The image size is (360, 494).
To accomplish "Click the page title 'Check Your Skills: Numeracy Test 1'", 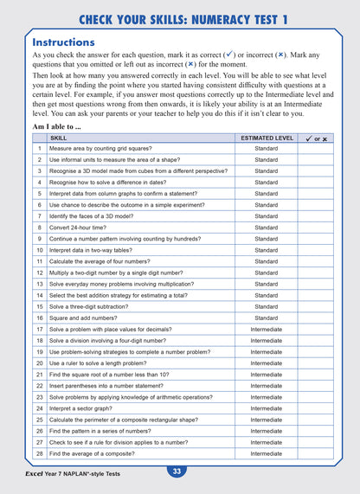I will (x=180, y=18).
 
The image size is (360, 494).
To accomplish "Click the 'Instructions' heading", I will (x=63, y=42).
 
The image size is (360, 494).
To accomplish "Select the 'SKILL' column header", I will (x=58, y=138).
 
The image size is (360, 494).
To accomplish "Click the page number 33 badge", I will (x=177, y=472).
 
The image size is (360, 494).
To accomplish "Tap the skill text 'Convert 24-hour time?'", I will (x=83, y=228).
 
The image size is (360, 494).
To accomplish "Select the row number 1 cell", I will (x=39, y=149).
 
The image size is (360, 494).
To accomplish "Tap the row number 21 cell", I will (x=39, y=374).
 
